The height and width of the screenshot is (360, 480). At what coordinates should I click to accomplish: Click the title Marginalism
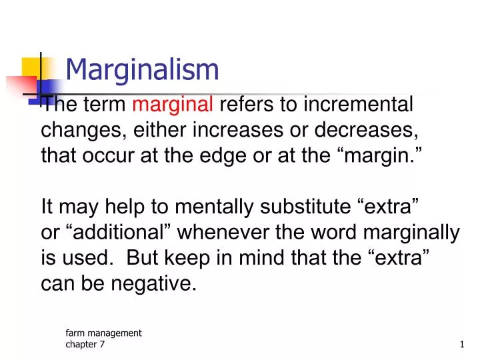click(143, 68)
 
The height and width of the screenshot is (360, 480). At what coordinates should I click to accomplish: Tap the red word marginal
click(173, 105)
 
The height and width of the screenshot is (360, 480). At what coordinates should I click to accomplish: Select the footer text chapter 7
click(85, 344)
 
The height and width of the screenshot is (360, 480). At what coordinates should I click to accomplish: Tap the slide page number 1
click(461, 344)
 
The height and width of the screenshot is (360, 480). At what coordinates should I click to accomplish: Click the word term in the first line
click(107, 105)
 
